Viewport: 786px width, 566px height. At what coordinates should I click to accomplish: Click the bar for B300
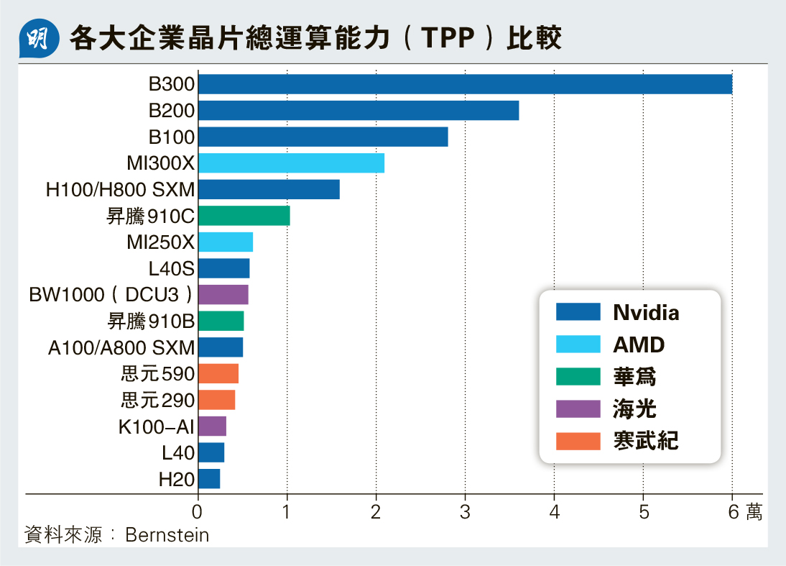click(x=465, y=84)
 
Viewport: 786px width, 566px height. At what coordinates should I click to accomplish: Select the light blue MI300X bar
click(x=291, y=163)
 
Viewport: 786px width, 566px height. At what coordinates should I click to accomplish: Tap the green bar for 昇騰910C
click(x=244, y=216)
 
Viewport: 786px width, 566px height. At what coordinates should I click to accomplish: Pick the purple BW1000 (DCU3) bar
click(x=223, y=295)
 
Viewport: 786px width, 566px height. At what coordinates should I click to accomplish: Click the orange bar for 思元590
click(x=218, y=374)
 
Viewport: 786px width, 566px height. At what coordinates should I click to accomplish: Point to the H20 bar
click(x=209, y=479)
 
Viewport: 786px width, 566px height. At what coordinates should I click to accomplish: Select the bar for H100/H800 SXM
click(x=269, y=190)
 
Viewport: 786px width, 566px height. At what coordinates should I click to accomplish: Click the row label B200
click(x=172, y=111)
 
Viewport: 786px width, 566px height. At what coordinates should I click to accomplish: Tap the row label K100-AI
click(x=157, y=426)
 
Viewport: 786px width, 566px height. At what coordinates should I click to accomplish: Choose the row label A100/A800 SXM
click(x=121, y=348)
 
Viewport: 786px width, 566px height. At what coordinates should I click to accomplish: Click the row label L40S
click(x=172, y=269)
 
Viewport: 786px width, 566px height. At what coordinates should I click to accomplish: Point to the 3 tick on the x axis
click(x=465, y=512)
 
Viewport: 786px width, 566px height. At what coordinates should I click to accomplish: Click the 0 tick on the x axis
click(x=198, y=512)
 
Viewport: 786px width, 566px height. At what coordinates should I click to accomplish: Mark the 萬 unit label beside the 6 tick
click(x=754, y=512)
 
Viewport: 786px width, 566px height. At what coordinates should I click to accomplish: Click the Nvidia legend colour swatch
click(x=578, y=312)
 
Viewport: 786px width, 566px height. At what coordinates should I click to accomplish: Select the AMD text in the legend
click(x=639, y=344)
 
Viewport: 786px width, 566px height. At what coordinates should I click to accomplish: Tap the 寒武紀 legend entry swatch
click(x=578, y=440)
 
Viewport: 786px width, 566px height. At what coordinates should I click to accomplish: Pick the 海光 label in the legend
click(x=634, y=408)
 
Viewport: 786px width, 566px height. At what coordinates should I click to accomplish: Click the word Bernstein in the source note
click(x=167, y=535)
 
